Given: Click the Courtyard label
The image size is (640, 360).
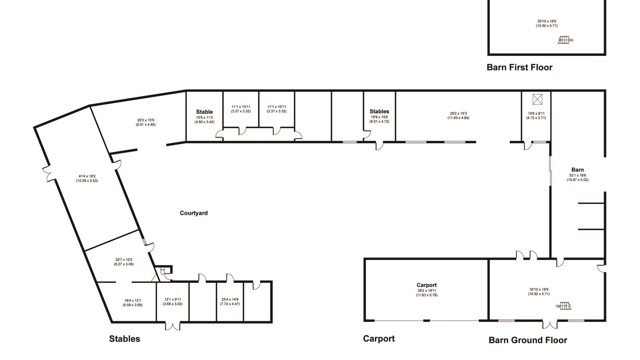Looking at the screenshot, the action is pyautogui.click(x=194, y=213).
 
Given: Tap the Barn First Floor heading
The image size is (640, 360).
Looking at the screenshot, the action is pyautogui.click(x=520, y=68).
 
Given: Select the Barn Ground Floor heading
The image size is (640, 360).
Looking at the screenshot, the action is pyautogui.click(x=528, y=340).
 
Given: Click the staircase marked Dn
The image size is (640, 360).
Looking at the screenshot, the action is pyautogui.click(x=564, y=40).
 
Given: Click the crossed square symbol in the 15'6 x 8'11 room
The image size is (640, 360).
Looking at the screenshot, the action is pyautogui.click(x=538, y=100).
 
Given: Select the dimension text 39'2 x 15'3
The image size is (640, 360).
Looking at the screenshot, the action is pyautogui.click(x=458, y=114).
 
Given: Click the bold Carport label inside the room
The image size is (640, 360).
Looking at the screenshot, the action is pyautogui.click(x=426, y=285).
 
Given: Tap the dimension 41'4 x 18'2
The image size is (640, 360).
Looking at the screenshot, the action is pyautogui.click(x=87, y=176).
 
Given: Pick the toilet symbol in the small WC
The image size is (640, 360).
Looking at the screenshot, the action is pyautogui.click(x=162, y=271).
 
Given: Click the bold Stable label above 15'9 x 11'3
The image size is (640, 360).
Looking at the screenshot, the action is pyautogui.click(x=204, y=112).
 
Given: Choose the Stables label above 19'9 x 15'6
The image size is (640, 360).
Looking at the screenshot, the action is pyautogui.click(x=379, y=112).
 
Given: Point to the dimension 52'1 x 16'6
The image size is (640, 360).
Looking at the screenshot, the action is pyautogui.click(x=578, y=176).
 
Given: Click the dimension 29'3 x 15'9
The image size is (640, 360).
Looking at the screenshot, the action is pyautogui.click(x=146, y=120).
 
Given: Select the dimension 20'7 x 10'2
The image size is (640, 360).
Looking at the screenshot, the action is pyautogui.click(x=124, y=260).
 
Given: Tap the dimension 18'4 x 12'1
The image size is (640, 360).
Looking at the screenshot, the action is pyautogui.click(x=132, y=300).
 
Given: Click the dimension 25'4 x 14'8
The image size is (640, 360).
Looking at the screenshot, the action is pyautogui.click(x=230, y=300).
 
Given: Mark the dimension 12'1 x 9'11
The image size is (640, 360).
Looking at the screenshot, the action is pyautogui.click(x=172, y=300).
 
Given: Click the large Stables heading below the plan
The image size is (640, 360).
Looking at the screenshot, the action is pyautogui.click(x=124, y=339).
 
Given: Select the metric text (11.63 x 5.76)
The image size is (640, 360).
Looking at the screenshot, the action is pyautogui.click(x=426, y=295).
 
